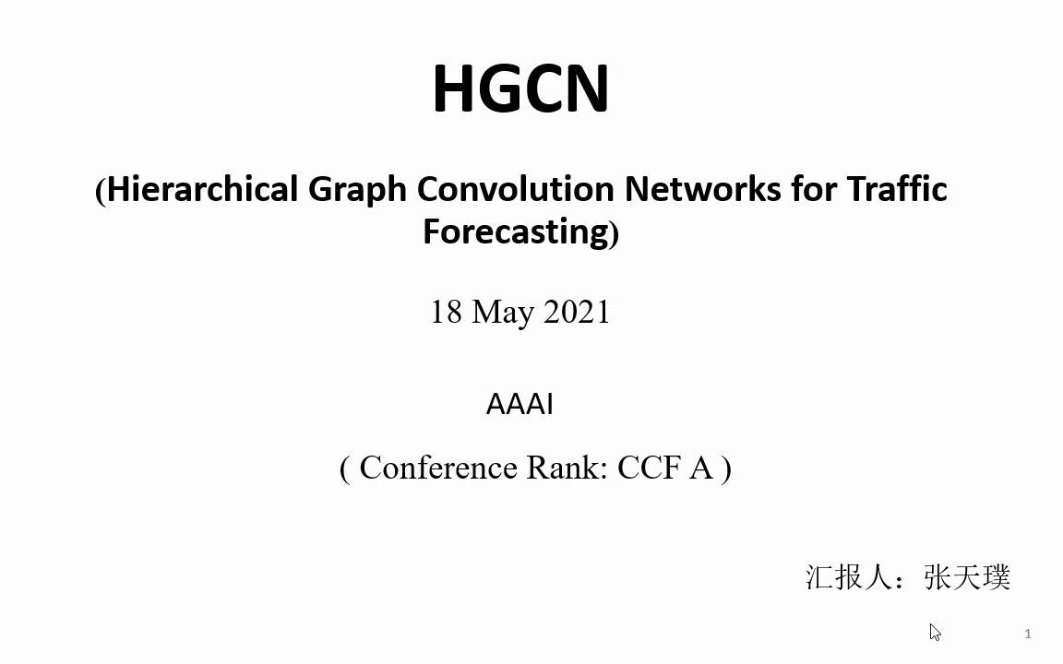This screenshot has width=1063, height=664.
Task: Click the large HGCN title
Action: pos(520,89)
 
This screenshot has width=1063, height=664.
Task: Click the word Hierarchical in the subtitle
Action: pos(202,189)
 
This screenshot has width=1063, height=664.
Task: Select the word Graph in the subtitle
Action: pos(357,190)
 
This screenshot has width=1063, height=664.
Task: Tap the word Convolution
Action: pos(515,189)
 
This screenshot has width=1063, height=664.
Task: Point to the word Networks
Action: pos(703,189)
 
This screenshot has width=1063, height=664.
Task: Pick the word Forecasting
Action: pos(517,232)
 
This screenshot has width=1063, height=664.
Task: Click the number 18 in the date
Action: pos(447,313)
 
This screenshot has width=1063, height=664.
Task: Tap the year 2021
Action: pos(577,313)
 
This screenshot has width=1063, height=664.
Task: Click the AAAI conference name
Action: pos(520,405)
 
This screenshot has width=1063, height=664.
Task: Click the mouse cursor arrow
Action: pos(935,632)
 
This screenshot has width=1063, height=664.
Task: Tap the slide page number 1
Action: pos(1029,634)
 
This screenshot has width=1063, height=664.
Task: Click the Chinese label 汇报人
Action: pos(847,577)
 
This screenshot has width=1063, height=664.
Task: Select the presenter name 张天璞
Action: pos(967,577)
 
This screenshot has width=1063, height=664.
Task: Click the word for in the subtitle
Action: pos(814,189)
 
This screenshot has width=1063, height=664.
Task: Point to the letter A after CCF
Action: pos(701,468)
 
